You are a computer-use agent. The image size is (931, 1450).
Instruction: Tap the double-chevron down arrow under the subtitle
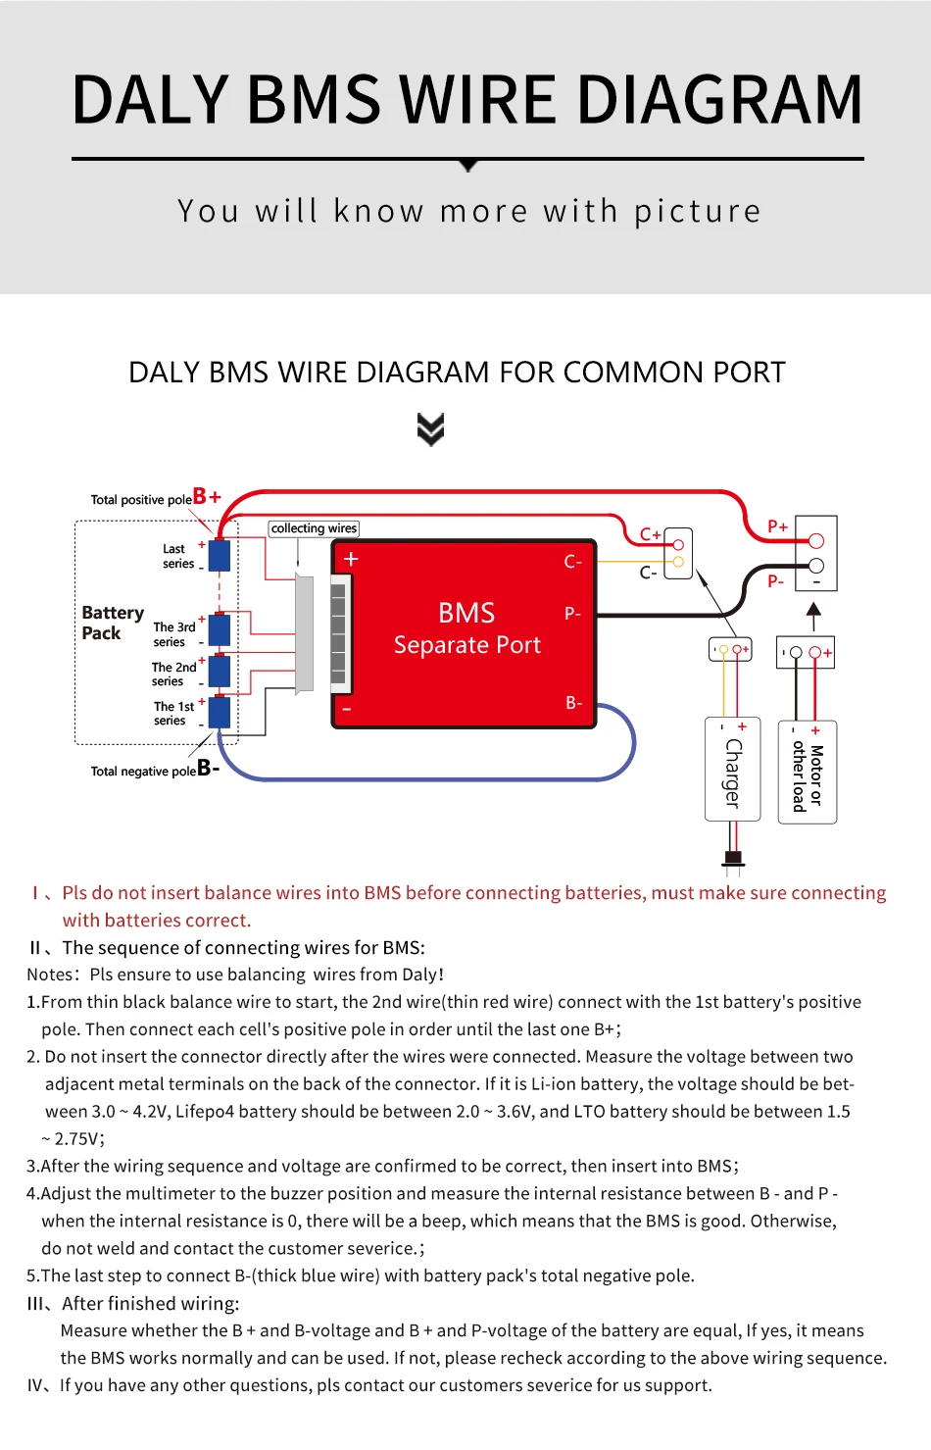(x=430, y=429)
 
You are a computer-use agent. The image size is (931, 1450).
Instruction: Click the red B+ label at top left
(x=207, y=496)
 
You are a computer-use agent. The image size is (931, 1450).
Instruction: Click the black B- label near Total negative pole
(x=208, y=768)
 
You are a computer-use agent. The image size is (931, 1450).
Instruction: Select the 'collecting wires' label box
(x=314, y=528)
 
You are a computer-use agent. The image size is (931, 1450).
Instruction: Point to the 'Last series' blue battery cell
(x=220, y=555)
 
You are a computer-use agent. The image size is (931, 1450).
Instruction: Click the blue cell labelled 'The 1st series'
(x=220, y=712)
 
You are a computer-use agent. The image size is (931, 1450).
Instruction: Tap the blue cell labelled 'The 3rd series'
(x=220, y=629)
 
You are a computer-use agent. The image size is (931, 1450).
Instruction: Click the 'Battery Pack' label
(x=112, y=623)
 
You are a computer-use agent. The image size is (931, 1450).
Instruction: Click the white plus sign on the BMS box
(x=351, y=559)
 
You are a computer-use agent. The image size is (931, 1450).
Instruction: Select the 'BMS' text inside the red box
(x=466, y=613)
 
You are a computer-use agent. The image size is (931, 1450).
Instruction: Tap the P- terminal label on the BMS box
(x=573, y=614)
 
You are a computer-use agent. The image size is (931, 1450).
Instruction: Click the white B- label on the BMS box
(x=573, y=703)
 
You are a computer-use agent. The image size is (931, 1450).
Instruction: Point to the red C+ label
(x=650, y=534)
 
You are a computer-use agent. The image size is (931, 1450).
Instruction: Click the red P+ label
(x=777, y=526)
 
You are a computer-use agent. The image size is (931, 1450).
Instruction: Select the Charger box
(x=733, y=770)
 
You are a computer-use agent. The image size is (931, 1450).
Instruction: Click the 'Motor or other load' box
(x=808, y=775)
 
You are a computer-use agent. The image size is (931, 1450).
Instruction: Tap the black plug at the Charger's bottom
(x=733, y=859)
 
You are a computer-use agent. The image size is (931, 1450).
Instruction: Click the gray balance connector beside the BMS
(x=305, y=633)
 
